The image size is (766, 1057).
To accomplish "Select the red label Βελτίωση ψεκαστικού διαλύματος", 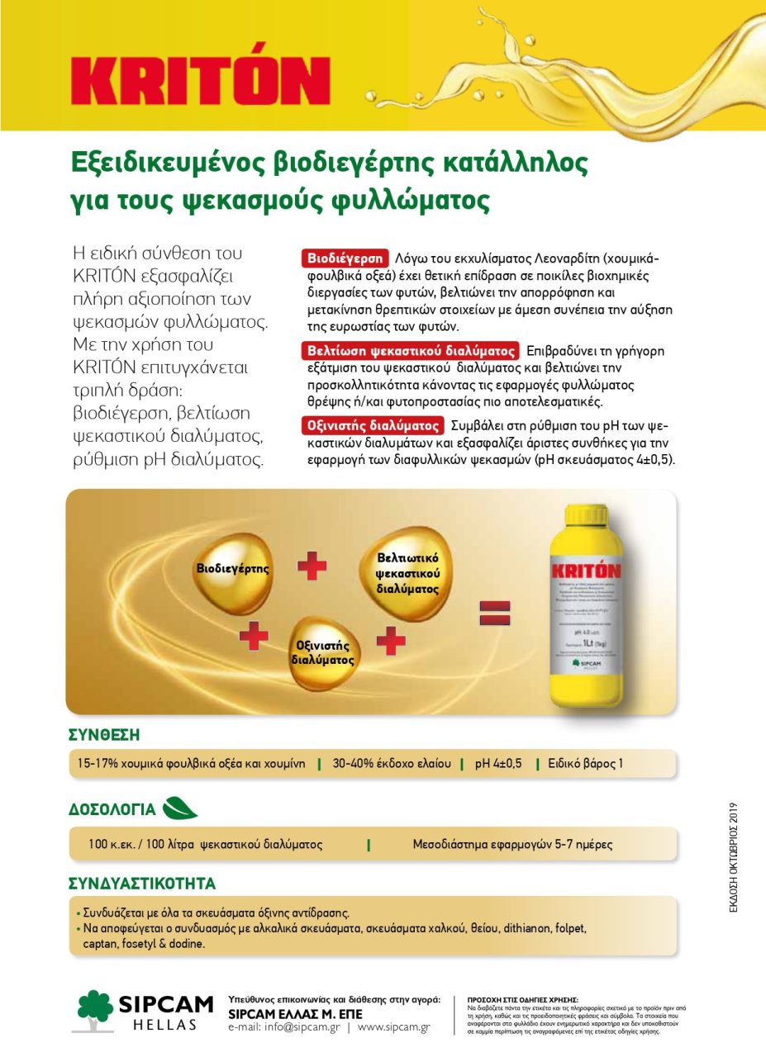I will (410, 350).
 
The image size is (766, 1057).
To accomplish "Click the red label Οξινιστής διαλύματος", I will (373, 426).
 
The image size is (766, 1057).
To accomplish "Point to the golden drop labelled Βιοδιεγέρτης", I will (232, 570).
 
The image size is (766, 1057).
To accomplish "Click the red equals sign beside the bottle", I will (495, 613).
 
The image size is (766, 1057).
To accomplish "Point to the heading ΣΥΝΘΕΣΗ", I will (104, 735).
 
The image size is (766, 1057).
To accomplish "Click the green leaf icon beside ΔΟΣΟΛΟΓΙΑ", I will (180, 808).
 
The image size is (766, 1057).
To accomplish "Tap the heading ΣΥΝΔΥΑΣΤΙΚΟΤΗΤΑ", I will (141, 884).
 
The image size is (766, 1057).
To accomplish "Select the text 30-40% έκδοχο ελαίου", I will (392, 764).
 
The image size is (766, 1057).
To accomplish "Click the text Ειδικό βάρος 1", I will (586, 764).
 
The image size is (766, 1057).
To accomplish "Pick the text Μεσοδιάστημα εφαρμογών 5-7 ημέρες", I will (512, 845).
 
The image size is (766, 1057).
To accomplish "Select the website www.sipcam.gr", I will (393, 1027).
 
